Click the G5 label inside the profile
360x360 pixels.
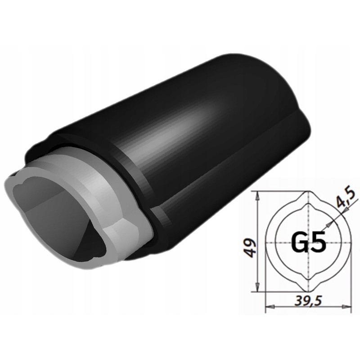coord(308,243)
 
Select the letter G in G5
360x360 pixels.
coord(299,243)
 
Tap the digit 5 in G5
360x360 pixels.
coord(318,243)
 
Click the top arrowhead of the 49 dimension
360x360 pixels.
coord(257,195)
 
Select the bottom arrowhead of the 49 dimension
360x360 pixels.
coord(257,288)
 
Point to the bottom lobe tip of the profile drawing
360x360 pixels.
coord(308,291)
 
